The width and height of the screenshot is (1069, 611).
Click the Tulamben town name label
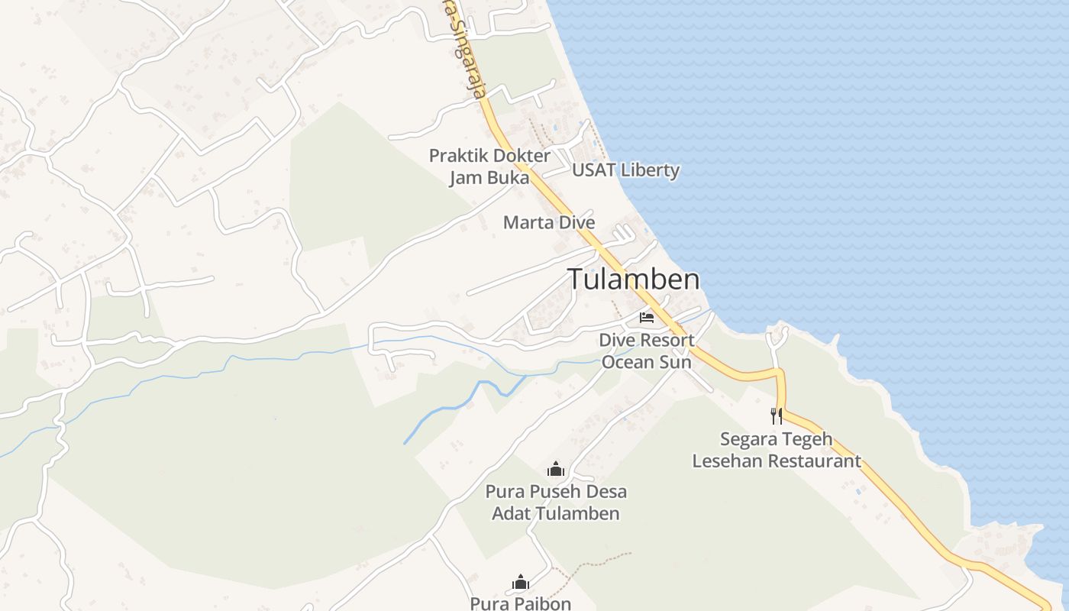click(633, 280)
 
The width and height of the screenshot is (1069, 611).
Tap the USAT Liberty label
click(625, 170)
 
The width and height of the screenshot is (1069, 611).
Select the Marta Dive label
click(548, 222)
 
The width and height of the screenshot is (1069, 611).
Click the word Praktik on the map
click(457, 156)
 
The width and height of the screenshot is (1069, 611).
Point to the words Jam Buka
click(489, 178)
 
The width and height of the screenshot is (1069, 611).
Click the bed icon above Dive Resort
click(647, 318)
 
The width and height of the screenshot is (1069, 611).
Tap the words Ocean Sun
click(646, 362)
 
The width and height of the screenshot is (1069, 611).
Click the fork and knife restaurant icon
click(777, 415)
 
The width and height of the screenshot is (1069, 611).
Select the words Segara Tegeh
click(776, 439)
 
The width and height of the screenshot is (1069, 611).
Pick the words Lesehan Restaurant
click(776, 461)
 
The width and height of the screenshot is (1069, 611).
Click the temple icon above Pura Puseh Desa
click(555, 469)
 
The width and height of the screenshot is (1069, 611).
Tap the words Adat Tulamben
click(555, 513)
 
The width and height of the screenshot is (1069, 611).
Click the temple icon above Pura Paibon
click(521, 583)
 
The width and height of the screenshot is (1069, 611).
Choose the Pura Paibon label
click(520, 603)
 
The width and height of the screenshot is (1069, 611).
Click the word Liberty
click(649, 170)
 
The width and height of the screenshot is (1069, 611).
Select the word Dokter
click(521, 156)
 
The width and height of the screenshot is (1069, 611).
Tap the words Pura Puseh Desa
click(555, 491)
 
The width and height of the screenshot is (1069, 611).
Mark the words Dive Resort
click(646, 340)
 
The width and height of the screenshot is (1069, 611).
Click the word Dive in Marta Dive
click(576, 222)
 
